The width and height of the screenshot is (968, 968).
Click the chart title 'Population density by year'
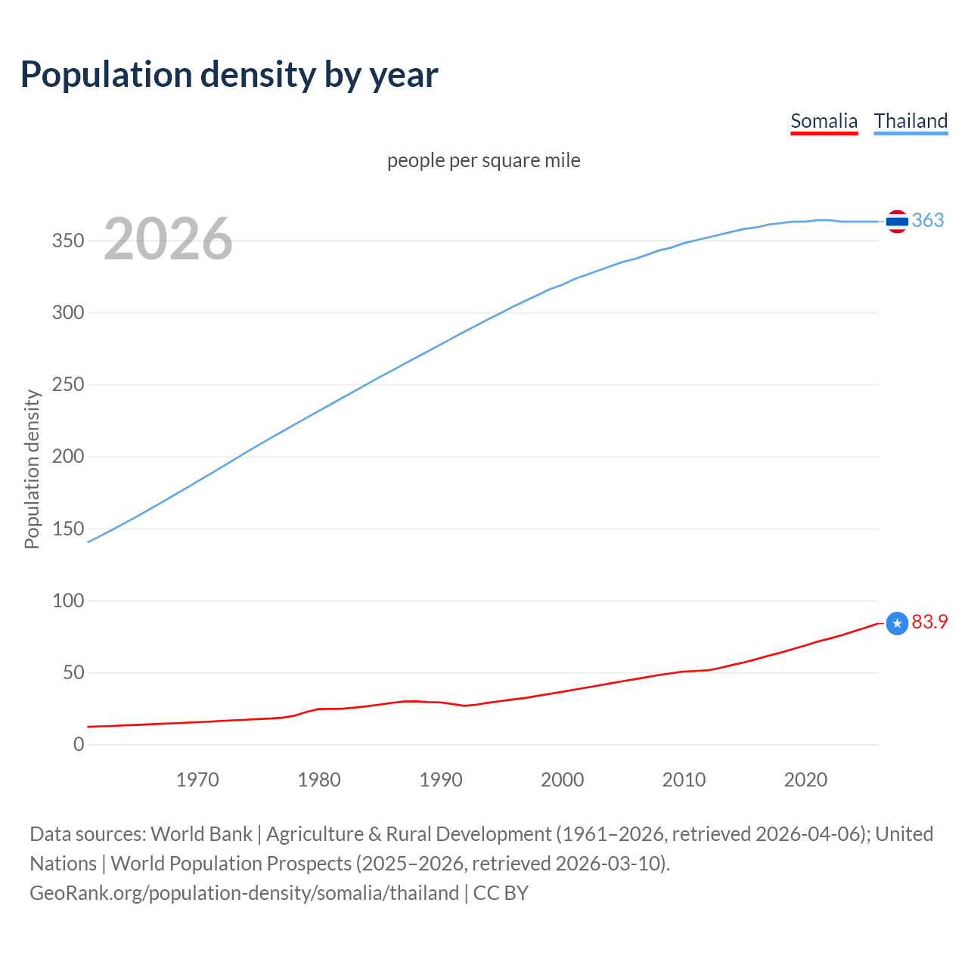[x=229, y=74]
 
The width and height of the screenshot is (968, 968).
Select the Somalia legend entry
[x=824, y=121]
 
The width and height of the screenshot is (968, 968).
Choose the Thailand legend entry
[x=911, y=121]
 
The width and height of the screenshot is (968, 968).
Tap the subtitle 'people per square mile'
[x=483, y=160]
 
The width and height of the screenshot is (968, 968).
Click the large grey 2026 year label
[x=168, y=239]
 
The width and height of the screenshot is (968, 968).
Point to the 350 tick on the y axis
[x=67, y=240]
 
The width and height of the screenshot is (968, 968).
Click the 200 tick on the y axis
[x=67, y=456]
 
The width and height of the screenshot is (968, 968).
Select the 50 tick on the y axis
[x=73, y=672]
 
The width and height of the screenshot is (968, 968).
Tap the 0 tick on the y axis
[x=79, y=744]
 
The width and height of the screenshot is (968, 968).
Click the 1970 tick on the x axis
[x=197, y=779]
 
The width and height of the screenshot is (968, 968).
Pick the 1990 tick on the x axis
[x=440, y=779]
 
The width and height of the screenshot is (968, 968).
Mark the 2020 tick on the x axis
[x=805, y=779]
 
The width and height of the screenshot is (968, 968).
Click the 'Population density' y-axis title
[x=32, y=469]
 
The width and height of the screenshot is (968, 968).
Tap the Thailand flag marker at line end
[x=897, y=222]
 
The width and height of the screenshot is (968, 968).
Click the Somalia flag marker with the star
[x=897, y=623]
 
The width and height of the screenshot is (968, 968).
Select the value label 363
[x=928, y=220]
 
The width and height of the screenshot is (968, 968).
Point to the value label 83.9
[x=929, y=622]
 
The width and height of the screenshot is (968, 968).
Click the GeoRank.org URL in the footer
[x=244, y=893]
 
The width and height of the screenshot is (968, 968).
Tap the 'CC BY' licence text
[x=501, y=893]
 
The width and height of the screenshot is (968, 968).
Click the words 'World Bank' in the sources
[x=201, y=834]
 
